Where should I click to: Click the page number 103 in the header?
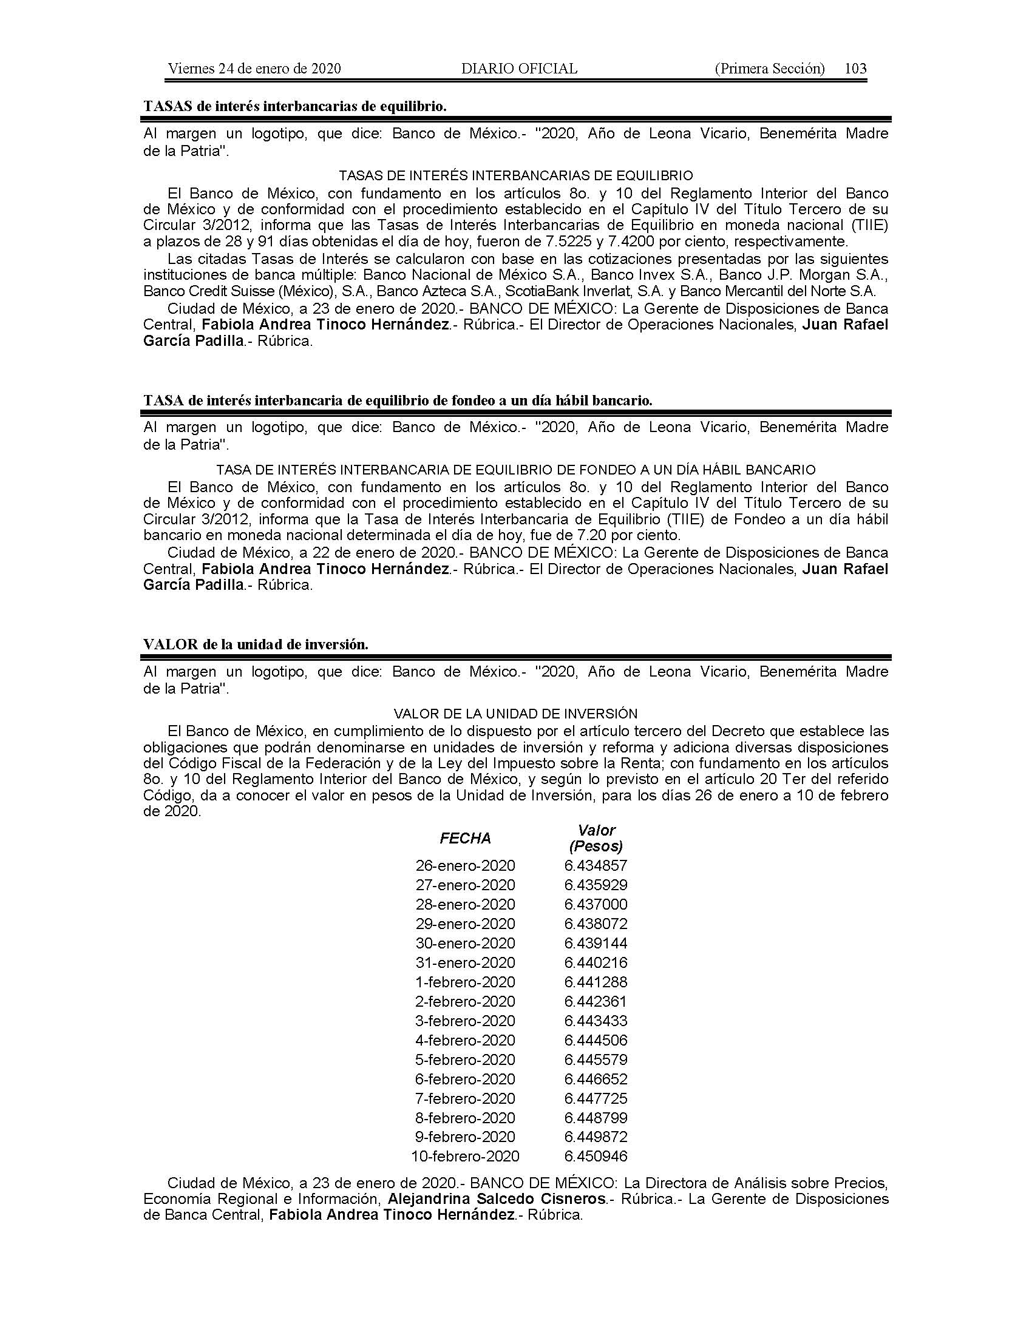click(855, 69)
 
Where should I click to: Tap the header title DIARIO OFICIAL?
click(519, 69)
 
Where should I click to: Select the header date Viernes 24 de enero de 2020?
click(254, 69)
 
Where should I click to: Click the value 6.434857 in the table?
click(596, 865)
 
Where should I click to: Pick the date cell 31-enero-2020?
click(465, 963)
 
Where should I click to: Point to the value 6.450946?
click(596, 1157)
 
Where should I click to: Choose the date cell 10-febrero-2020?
click(465, 1157)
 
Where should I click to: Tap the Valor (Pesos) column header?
click(596, 838)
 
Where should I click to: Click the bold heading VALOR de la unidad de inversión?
click(256, 645)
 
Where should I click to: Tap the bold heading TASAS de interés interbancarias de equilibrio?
click(294, 106)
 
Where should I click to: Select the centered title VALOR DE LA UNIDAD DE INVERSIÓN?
click(515, 714)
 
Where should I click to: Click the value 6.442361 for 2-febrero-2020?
click(596, 1001)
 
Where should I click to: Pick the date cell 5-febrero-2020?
click(465, 1060)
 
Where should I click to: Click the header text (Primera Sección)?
click(769, 69)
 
